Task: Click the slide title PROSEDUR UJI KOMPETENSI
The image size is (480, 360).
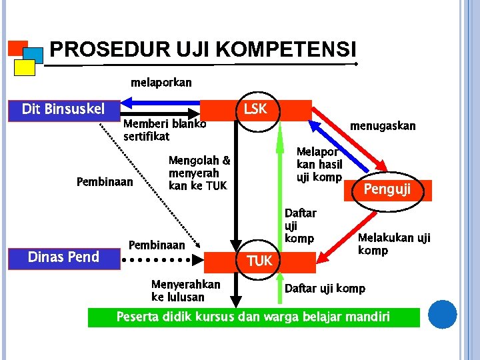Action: pyautogui.click(x=203, y=49)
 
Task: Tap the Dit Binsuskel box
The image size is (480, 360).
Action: pyautogui.click(x=63, y=109)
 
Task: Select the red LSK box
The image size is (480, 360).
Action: pyautogui.click(x=256, y=109)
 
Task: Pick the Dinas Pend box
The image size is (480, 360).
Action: pyautogui.click(x=63, y=257)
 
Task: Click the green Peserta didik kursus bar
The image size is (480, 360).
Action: pyautogui.click(x=253, y=317)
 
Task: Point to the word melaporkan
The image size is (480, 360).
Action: pyautogui.click(x=161, y=83)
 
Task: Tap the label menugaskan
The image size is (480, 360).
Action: pyautogui.click(x=383, y=125)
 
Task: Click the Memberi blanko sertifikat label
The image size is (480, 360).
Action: pyautogui.click(x=164, y=130)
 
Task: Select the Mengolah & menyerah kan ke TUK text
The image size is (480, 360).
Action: pyautogui.click(x=199, y=173)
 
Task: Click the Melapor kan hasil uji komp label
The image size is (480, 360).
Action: pyautogui.click(x=319, y=164)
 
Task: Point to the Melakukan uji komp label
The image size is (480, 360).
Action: pyautogui.click(x=394, y=244)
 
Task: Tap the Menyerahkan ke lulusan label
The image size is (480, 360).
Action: pyautogui.click(x=185, y=291)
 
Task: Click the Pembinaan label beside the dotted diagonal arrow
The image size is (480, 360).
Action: pyautogui.click(x=105, y=182)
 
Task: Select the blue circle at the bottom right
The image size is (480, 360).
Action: pyautogui.click(x=442, y=314)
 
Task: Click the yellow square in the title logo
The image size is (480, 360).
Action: pyautogui.click(x=25, y=67)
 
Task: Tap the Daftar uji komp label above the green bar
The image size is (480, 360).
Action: pyautogui.click(x=325, y=289)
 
